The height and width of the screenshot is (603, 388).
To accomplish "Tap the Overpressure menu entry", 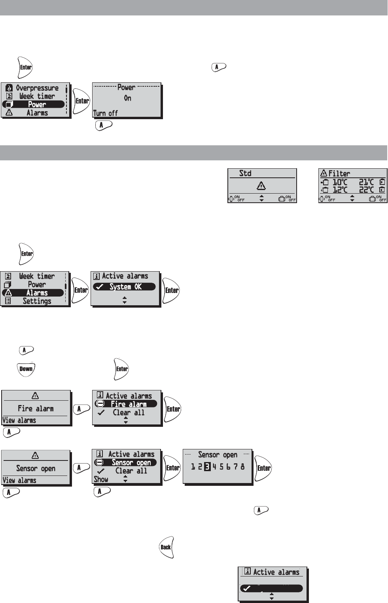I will coord(37,88).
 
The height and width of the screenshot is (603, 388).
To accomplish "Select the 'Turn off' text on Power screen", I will coord(105,113).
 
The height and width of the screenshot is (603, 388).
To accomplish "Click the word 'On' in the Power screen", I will coord(127,98).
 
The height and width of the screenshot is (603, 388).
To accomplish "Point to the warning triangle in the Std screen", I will coord(261,185).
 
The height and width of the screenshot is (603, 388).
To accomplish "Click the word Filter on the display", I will coord(339,173).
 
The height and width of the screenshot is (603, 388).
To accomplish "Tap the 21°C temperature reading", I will coord(366,182).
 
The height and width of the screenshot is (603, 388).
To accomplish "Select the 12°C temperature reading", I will coord(340,190).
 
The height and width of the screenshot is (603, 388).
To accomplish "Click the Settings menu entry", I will coord(37,301).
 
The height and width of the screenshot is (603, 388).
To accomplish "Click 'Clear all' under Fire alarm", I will coord(129,413).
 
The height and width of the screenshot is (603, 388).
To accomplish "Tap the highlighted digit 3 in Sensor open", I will coord(207,466).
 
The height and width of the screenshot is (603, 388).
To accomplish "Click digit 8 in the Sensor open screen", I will coord(242,466).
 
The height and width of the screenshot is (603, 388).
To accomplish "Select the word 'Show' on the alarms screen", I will coord(101,479).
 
